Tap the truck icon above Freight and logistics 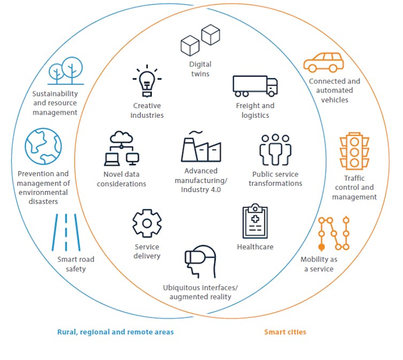pyautogui.click(x=255, y=86)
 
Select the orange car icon pyautogui.click(x=323, y=62)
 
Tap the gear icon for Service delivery pyautogui.click(x=146, y=223)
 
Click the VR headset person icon pyautogui.click(x=200, y=263)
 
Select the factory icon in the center pyautogui.click(x=200, y=147)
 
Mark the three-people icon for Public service pyautogui.click(x=276, y=150)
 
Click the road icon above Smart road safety pyautogui.click(x=66, y=233)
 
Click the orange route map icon pyautogui.click(x=334, y=234)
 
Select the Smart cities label pyautogui.click(x=285, y=332)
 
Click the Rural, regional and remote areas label pyautogui.click(x=115, y=332)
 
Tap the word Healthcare pyautogui.click(x=255, y=247)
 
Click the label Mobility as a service pyautogui.click(x=319, y=264)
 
